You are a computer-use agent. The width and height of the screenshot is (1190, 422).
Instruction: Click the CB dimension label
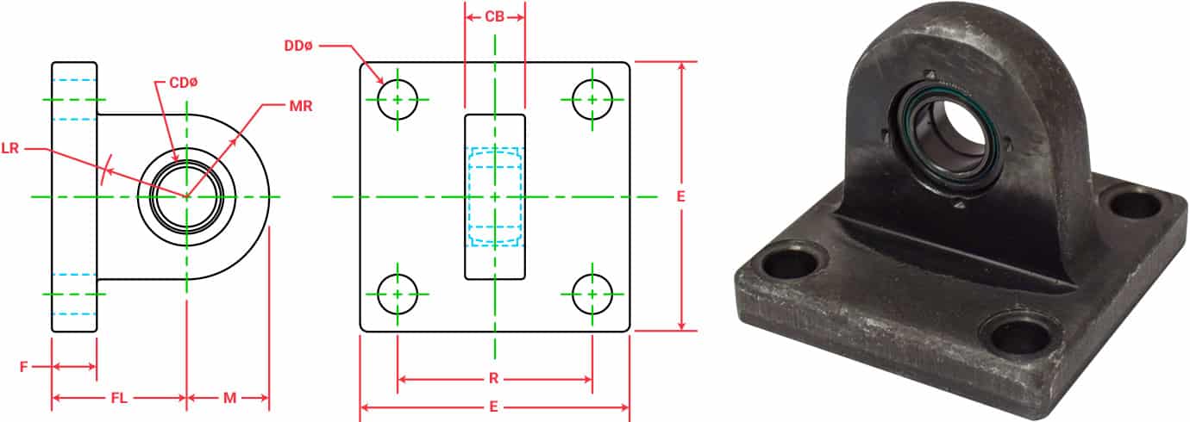coord(494,16)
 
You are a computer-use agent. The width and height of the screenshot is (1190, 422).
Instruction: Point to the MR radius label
coord(301,107)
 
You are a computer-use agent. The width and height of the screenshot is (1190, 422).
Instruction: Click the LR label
coord(10,149)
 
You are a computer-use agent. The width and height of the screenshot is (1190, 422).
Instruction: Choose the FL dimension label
coord(120,398)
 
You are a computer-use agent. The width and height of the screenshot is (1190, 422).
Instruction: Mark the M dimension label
coord(229,398)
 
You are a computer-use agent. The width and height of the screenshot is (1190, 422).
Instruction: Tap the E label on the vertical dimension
coord(681,196)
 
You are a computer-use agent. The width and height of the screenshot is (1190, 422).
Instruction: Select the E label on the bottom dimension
coord(495,406)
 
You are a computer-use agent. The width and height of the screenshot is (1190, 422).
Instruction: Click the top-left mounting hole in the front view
coord(398,99)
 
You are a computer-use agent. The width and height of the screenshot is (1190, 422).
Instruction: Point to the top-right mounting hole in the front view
coord(592,99)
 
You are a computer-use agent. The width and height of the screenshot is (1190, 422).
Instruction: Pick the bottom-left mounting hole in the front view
coord(398,294)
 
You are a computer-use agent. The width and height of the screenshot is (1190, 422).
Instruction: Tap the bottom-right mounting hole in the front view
coord(592,294)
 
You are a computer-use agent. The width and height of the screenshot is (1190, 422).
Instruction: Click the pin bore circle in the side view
coord(186,196)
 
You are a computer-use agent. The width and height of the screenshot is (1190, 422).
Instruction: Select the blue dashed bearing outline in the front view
coord(495,196)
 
